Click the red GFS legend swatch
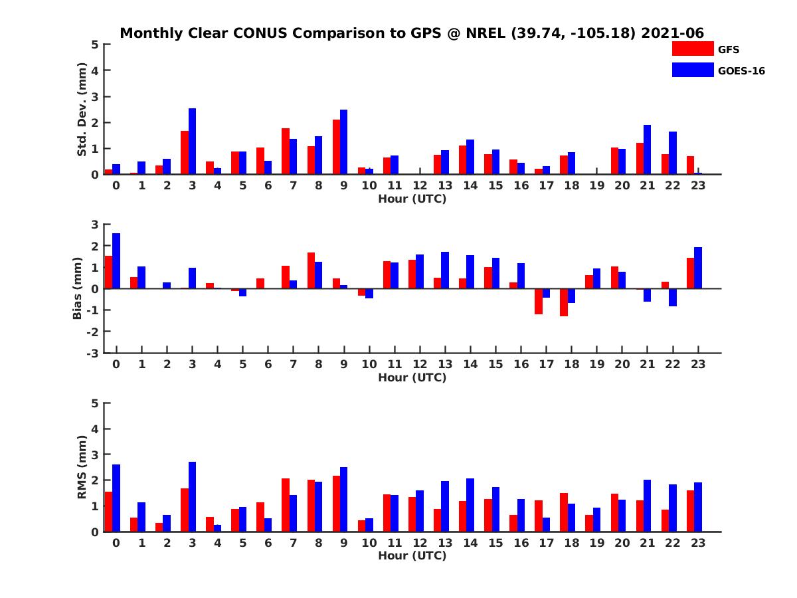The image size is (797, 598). pyautogui.click(x=692, y=49)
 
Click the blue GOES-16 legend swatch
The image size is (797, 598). pyautogui.click(x=692, y=70)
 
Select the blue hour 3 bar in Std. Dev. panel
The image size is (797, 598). pyautogui.click(x=192, y=142)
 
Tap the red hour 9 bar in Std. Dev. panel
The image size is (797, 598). pyautogui.click(x=337, y=147)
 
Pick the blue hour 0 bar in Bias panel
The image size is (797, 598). pyautogui.click(x=116, y=261)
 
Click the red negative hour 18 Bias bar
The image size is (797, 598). pyautogui.click(x=564, y=302)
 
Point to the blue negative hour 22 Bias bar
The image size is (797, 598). pyautogui.click(x=673, y=298)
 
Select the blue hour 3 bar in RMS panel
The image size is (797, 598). pyautogui.click(x=192, y=497)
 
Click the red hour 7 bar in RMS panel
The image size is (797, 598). pyautogui.click(x=286, y=505)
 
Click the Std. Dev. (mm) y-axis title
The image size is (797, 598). pyautogui.click(x=82, y=110)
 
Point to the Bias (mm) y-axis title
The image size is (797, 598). pyautogui.click(x=78, y=288)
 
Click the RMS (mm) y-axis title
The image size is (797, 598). pyautogui.click(x=82, y=467)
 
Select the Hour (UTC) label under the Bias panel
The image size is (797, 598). pyautogui.click(x=412, y=377)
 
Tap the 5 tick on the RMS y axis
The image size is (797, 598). pyautogui.click(x=95, y=403)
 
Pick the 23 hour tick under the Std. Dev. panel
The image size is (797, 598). pyautogui.click(x=697, y=185)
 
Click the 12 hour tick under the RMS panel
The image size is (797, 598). pyautogui.click(x=420, y=543)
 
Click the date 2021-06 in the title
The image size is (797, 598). pyautogui.click(x=672, y=33)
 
